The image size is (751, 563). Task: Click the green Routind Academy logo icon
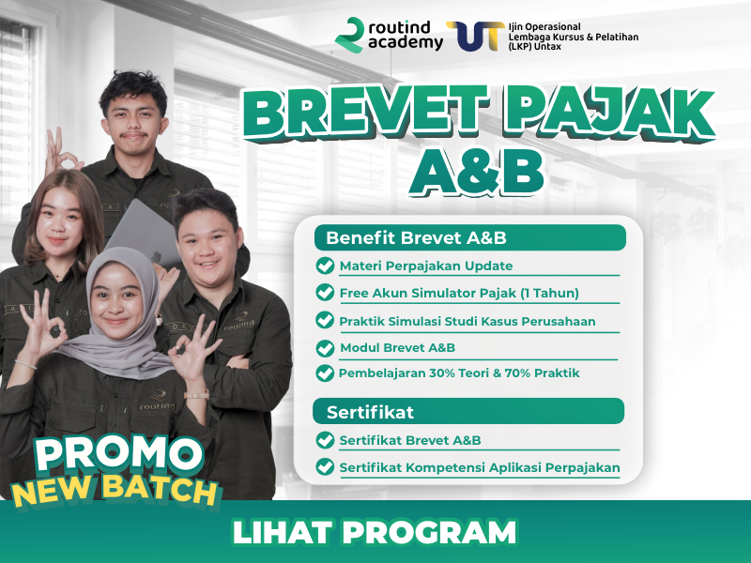350,35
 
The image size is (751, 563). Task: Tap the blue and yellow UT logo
475,36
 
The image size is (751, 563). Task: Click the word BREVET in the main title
366,113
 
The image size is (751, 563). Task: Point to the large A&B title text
477,173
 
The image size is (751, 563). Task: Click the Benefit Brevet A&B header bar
470,237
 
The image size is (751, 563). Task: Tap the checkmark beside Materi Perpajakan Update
325,266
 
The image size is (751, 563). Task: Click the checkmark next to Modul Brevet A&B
325,348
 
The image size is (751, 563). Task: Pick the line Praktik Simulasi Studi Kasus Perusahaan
467,321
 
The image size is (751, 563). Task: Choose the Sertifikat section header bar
468,411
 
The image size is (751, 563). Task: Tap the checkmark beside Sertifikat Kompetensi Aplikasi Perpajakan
325,466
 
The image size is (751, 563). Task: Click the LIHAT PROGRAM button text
375,532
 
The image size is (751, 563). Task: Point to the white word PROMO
119,453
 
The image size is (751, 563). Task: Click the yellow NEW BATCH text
115,489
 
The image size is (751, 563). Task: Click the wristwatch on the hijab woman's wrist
197,395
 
